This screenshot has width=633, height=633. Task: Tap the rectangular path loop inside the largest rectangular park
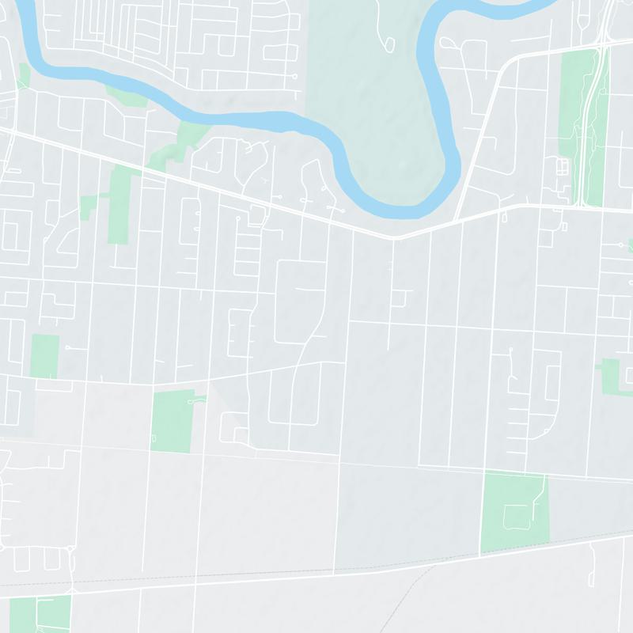(519, 519)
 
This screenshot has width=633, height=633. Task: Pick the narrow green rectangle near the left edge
(44, 356)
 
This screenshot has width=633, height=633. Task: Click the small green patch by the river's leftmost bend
(24, 75)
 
